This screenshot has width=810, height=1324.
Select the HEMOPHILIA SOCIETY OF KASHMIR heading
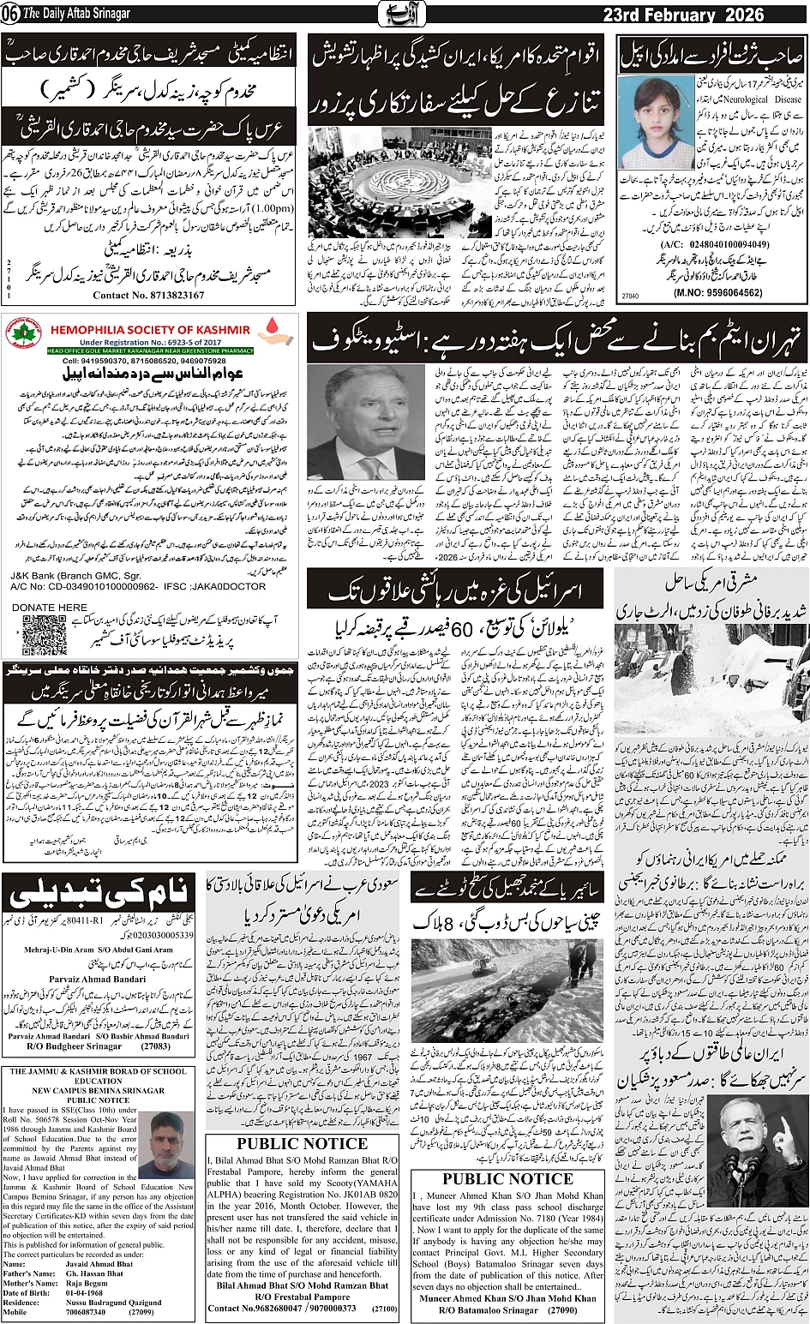click(150, 329)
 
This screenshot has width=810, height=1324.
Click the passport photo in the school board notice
click(168, 1145)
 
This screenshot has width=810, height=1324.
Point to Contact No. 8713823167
click(148, 295)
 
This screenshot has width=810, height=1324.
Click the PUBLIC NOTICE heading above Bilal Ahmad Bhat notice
click(302, 1143)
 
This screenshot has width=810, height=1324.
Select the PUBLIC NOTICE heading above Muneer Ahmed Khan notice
click(507, 1178)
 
